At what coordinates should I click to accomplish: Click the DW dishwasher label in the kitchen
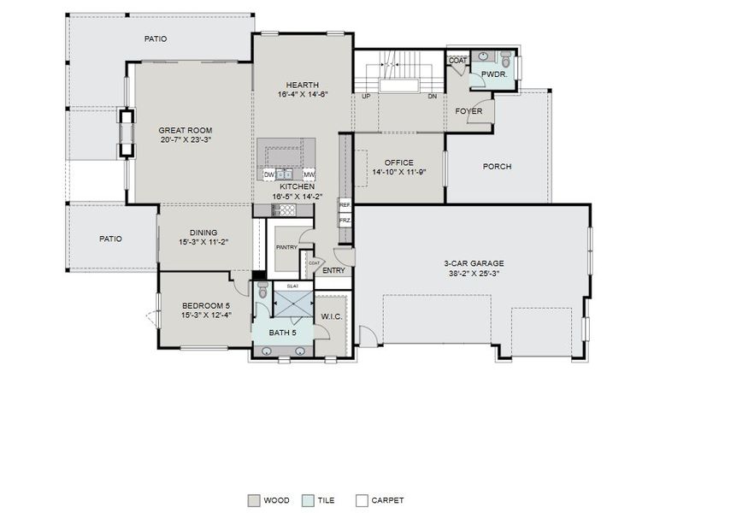point(268,174)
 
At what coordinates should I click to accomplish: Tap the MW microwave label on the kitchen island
point(309,174)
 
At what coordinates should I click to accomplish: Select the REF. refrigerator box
point(345,205)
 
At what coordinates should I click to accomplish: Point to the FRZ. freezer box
point(345,220)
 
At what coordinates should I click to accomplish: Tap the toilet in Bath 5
point(262,290)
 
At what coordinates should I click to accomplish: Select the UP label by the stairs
point(365,97)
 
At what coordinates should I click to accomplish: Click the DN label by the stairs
point(433,97)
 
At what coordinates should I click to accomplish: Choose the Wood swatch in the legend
point(254,500)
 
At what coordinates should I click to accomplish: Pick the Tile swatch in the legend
point(308,500)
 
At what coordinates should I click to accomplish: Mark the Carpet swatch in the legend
point(362,500)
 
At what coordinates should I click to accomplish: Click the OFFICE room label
point(398,162)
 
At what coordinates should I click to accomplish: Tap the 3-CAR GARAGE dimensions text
point(471,274)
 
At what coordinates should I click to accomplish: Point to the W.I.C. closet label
point(332,316)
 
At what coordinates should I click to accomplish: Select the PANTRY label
point(286,248)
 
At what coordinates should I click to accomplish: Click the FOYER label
point(468,111)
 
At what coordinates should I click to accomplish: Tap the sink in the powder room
point(484,56)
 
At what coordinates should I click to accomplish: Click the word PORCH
point(497,167)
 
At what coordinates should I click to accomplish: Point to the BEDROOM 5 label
point(206,305)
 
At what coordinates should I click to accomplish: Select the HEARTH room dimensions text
point(303,95)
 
